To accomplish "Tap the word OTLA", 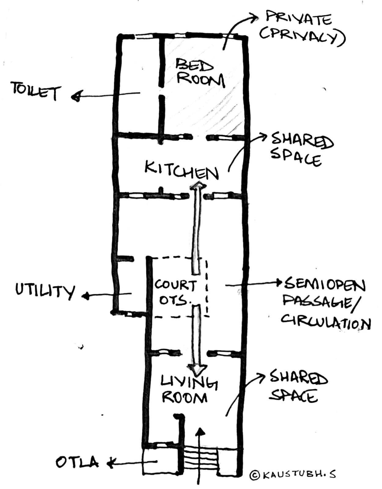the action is (x=77, y=462).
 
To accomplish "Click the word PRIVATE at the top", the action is (x=298, y=19).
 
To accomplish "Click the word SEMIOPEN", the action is (x=325, y=285).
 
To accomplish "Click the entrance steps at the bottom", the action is (x=200, y=457).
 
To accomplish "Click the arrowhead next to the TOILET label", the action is (x=75, y=97).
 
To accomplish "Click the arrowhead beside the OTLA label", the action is (x=110, y=464).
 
